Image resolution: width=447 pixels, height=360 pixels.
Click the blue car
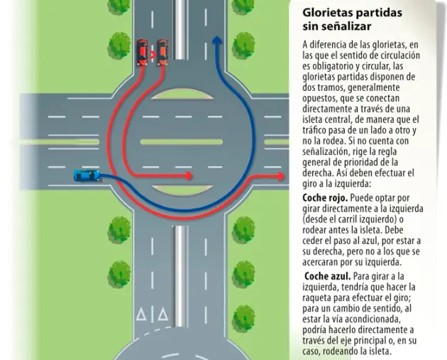click(87, 175)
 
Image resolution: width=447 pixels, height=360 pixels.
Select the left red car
click(142, 53)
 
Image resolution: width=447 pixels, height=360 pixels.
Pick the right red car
click(162, 53)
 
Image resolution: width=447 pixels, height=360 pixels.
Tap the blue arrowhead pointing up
click(217, 40)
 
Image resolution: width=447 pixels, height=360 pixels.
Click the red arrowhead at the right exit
click(281, 177)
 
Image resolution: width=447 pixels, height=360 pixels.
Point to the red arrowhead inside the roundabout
click(189, 176)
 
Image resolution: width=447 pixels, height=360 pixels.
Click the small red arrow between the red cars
click(153, 55)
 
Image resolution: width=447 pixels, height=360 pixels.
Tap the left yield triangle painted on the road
click(141, 314)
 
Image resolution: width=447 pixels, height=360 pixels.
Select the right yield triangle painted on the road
click(162, 314)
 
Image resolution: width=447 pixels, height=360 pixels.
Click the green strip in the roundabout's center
click(182, 142)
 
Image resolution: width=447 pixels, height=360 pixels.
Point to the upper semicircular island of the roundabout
click(182, 94)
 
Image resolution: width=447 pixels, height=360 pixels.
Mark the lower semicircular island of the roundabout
click(182, 190)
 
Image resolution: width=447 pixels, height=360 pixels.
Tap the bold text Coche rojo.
click(325, 198)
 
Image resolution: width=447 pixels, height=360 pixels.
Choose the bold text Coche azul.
click(328, 276)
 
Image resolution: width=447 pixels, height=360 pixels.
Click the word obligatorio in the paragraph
click(328, 66)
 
